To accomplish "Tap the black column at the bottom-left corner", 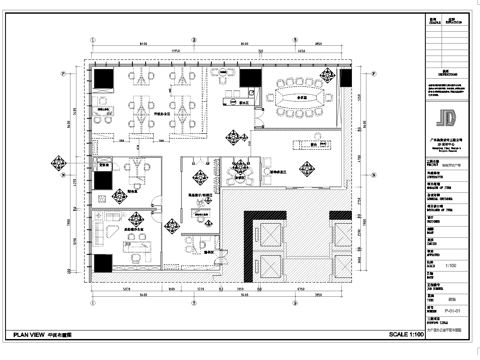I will pyautogui.click(x=104, y=263).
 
